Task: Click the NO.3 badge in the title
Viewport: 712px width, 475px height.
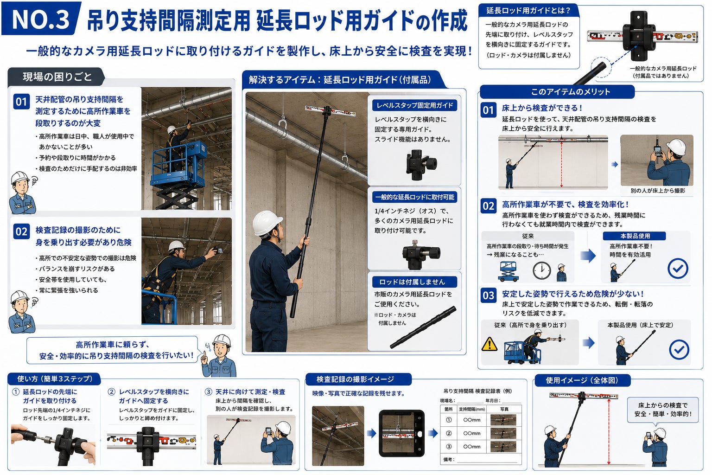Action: click(x=41, y=19)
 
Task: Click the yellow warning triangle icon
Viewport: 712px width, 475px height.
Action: click(x=489, y=344)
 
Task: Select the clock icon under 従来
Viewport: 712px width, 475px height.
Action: click(x=541, y=271)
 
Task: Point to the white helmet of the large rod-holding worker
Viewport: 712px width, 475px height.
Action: click(x=267, y=222)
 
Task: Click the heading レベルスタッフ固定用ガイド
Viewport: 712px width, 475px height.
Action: click(x=414, y=105)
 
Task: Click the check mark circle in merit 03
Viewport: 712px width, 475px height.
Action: click(x=679, y=350)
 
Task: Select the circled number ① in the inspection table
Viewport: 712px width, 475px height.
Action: click(x=449, y=420)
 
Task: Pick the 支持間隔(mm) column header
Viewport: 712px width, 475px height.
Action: click(x=472, y=409)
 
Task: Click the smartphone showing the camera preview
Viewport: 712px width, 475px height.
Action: click(x=401, y=433)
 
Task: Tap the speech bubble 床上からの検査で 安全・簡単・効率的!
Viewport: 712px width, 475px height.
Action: click(x=662, y=410)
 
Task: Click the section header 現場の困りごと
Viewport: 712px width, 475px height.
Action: click(x=57, y=77)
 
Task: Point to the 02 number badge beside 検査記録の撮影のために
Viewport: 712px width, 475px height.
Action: click(x=21, y=231)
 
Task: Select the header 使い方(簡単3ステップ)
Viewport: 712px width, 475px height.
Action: click(x=54, y=379)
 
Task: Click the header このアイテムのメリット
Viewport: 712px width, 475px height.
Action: click(x=570, y=92)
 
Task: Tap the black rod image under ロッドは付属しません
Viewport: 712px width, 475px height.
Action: click(x=423, y=327)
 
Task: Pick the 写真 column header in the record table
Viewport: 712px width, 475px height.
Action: click(x=504, y=409)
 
